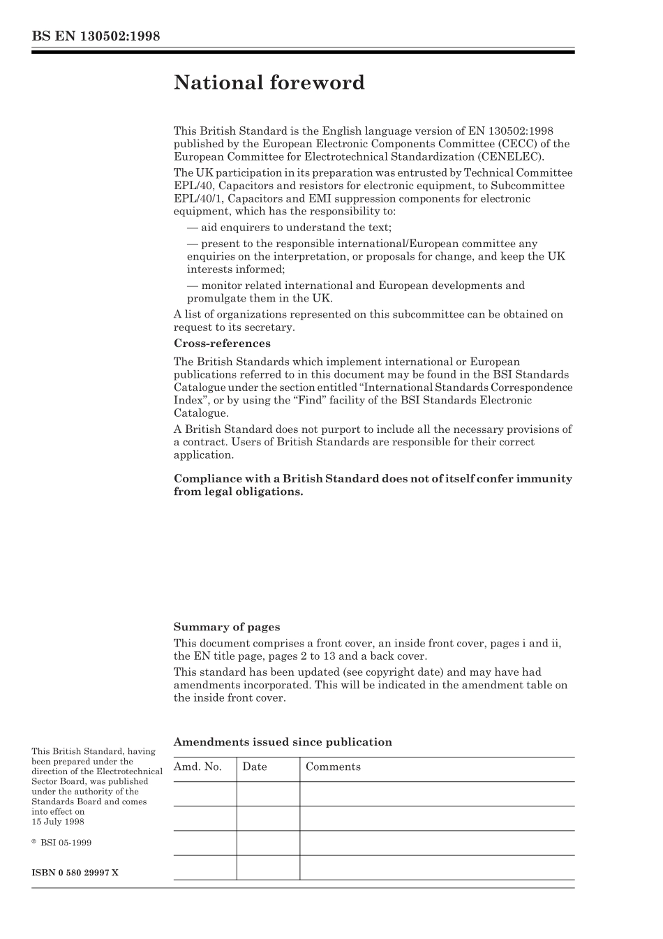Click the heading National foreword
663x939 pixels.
point(269,83)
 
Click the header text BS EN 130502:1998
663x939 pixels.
point(96,36)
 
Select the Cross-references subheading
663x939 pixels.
point(222,343)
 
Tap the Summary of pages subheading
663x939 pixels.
point(226,627)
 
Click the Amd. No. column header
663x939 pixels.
point(198,767)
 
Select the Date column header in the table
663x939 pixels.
point(255,767)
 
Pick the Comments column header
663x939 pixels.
point(333,767)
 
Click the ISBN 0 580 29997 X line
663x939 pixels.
point(75,873)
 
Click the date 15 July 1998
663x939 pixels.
point(58,822)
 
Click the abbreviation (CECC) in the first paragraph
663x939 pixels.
point(502,144)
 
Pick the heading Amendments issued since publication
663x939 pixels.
point(283,742)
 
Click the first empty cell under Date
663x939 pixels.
point(267,794)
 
